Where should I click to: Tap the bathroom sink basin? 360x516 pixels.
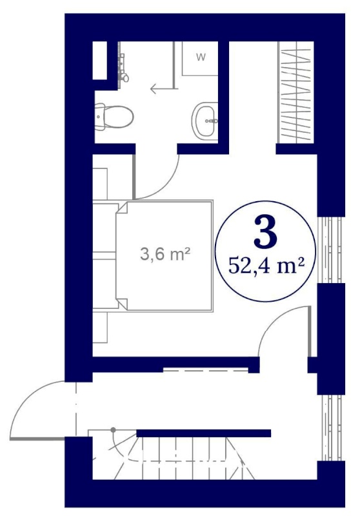pyautogui.click(x=205, y=121)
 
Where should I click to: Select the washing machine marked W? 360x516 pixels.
pyautogui.click(x=200, y=59)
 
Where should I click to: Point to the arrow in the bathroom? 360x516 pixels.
pyautogui.click(x=161, y=89)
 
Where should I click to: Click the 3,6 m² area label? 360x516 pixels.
pyautogui.click(x=165, y=254)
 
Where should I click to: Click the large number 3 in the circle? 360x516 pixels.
pyautogui.click(x=265, y=232)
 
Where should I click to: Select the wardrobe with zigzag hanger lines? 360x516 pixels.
pyautogui.click(x=295, y=92)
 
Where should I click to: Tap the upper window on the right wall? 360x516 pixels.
pyautogui.click(x=330, y=250)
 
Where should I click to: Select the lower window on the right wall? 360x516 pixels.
pyautogui.click(x=331, y=428)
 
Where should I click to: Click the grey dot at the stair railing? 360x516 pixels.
pyautogui.click(x=113, y=430)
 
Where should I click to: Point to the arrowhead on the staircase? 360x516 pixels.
pyautogui.click(x=243, y=462)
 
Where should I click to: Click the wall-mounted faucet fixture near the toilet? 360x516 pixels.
pyautogui.click(x=123, y=68)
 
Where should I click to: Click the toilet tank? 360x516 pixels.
pyautogui.click(x=99, y=117)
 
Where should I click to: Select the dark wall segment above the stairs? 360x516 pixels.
pyautogui.click(x=203, y=433)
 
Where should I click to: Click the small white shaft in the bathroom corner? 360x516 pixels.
pyautogui.click(x=100, y=61)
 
